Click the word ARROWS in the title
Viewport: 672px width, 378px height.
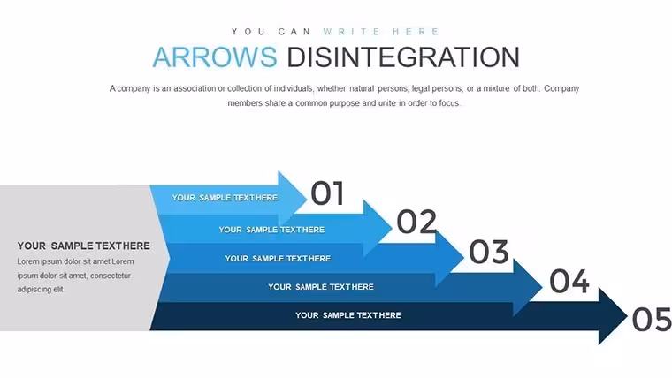click(215, 57)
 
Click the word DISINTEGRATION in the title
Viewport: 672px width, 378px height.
click(403, 57)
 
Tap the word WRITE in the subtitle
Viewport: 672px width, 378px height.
click(352, 32)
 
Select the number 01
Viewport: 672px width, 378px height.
click(327, 193)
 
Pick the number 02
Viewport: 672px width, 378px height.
click(416, 222)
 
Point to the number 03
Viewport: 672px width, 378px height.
click(489, 252)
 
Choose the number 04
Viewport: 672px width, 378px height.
click(569, 281)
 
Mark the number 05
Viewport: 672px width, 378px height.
click(652, 320)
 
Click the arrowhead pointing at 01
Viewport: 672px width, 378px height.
click(292, 198)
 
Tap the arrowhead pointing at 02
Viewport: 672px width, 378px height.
click(377, 228)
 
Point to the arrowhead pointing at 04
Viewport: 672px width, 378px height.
click(527, 287)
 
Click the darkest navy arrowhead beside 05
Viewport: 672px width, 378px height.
click(612, 316)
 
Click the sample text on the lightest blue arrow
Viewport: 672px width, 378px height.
click(225, 198)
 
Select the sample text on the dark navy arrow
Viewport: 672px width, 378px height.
click(348, 315)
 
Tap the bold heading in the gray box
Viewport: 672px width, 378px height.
click(84, 246)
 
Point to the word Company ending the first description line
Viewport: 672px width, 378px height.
click(561, 88)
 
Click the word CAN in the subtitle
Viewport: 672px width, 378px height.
click(294, 32)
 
